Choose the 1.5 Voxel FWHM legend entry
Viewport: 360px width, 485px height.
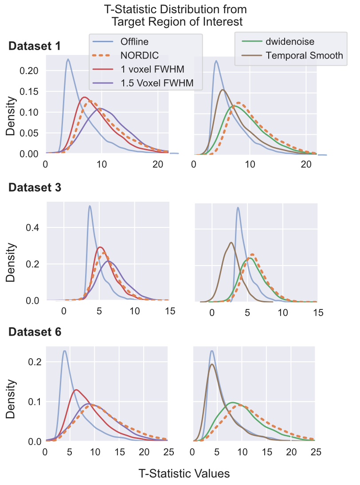click(x=157, y=83)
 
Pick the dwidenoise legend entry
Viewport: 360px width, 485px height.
click(x=290, y=42)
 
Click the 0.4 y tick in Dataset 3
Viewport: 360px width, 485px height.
click(x=34, y=228)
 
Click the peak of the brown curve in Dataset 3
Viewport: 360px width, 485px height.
click(x=231, y=242)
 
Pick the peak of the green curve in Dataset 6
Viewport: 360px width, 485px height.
click(x=233, y=403)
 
